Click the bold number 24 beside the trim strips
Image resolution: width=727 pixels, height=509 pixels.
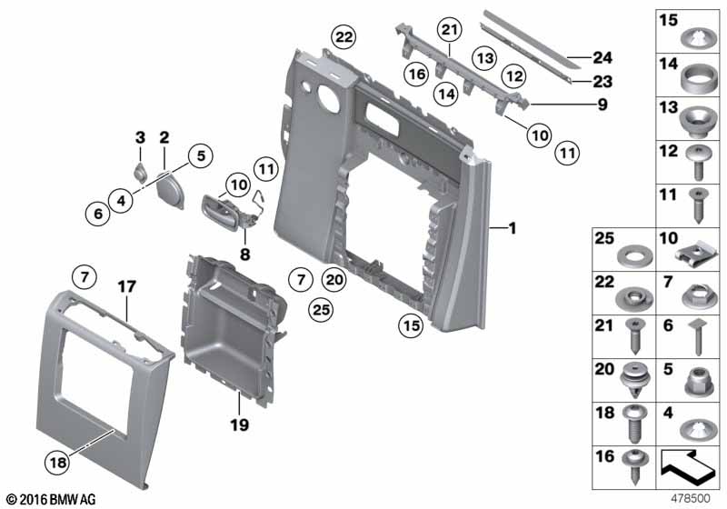pos(603,57)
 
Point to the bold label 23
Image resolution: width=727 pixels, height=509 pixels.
pos(603,82)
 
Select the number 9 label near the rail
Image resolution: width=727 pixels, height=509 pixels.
pos(603,105)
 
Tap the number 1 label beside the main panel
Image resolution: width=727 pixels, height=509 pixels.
pos(513,228)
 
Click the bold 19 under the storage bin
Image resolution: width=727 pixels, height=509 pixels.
pos(240,424)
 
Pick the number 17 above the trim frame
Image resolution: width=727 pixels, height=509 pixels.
pos(126,286)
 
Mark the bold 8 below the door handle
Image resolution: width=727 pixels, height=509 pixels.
pos(244,254)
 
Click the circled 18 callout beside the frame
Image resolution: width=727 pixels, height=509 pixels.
pos(58,462)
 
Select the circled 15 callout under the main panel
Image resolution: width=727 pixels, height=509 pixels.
pos(412,326)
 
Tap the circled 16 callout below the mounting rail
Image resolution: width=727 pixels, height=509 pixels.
pos(417,74)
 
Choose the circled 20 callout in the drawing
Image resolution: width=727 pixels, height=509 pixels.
pos(334,280)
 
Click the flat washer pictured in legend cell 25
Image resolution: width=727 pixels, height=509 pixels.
pos(636,255)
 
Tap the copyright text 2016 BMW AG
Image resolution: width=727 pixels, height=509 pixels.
pos(51,499)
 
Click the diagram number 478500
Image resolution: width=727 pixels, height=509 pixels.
pos(691,498)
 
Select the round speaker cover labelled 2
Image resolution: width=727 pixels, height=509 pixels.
pos(170,189)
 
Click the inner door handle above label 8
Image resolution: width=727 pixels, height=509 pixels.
pos(222,213)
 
